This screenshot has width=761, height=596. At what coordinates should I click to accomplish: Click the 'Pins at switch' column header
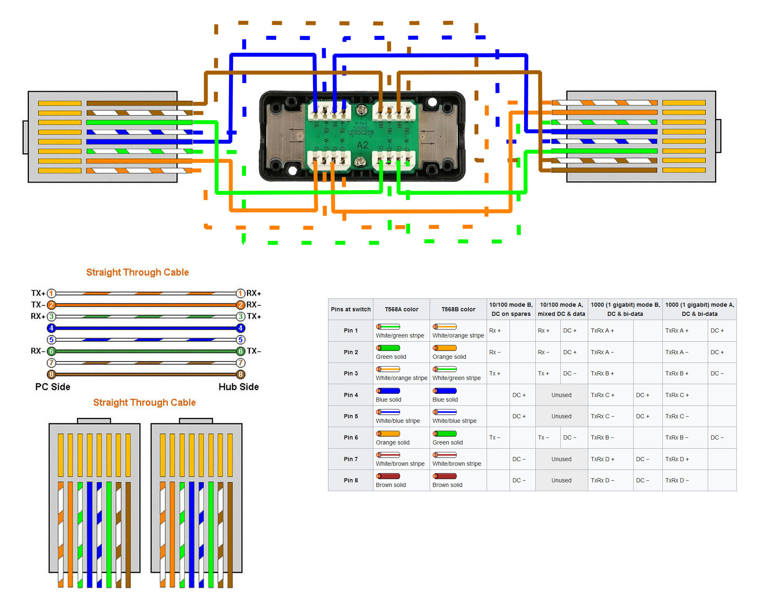(x=351, y=309)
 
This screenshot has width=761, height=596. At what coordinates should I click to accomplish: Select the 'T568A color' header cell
(x=401, y=309)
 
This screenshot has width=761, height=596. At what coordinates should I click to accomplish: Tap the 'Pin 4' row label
(x=351, y=395)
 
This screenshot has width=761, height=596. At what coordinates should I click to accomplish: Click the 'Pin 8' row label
(x=351, y=480)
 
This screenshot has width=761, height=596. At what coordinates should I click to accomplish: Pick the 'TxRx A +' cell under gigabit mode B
(x=602, y=330)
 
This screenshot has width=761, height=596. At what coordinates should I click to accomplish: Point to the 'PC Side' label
(x=52, y=387)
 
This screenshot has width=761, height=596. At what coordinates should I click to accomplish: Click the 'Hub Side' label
(x=239, y=387)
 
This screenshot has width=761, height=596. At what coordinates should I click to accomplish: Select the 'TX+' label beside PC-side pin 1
(x=38, y=293)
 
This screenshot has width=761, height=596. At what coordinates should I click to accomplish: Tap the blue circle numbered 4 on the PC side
(x=52, y=328)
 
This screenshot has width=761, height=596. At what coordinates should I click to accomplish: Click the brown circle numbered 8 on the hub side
(x=240, y=374)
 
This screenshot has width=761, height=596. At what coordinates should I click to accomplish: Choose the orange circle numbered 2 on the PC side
(x=52, y=305)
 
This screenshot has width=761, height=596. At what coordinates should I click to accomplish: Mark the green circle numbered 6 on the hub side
(x=240, y=351)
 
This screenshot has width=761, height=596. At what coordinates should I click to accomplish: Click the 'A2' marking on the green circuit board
(x=362, y=145)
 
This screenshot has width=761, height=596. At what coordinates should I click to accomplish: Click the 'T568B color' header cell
(x=458, y=309)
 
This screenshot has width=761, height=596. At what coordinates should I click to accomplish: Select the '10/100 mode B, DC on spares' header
(x=511, y=309)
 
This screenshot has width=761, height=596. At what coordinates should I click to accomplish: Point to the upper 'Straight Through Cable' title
(x=137, y=272)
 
